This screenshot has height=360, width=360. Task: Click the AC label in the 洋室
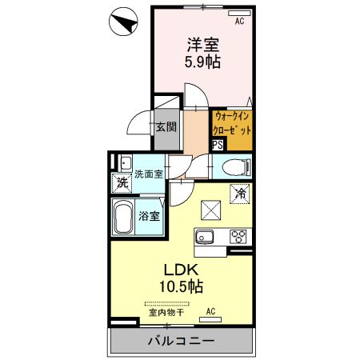coord(238,22)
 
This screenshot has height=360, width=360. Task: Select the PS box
coord(218,145)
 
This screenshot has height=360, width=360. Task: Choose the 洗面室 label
coord(147,174)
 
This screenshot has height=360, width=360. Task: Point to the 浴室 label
coord(148,215)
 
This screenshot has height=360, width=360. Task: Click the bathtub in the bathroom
coord(122,217)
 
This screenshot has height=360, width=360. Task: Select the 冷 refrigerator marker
coord(238,193)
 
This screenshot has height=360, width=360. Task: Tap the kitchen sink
coord(203,236)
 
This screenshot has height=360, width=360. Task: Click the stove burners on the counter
coord(238,236)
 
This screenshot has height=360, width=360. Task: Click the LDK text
coord(182,270)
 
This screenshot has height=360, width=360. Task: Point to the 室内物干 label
coord(167,313)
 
